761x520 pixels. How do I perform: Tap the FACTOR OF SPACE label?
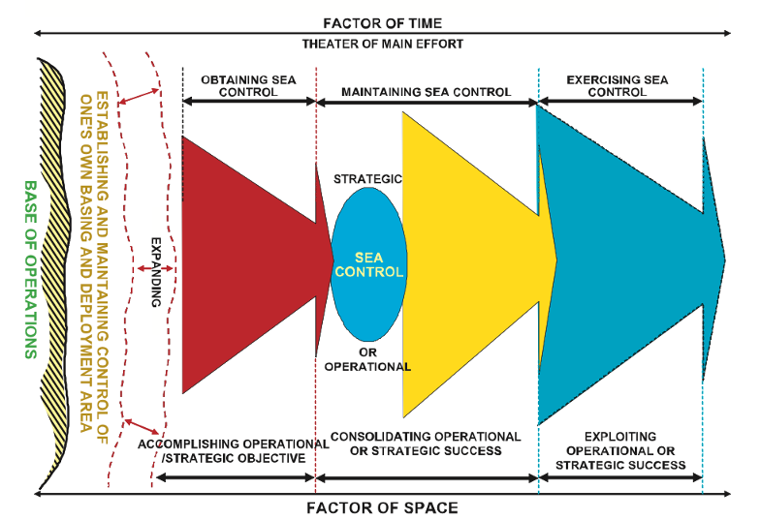[382, 506]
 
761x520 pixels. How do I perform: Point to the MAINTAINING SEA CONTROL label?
[427, 92]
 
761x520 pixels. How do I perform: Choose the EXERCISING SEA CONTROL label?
[618, 85]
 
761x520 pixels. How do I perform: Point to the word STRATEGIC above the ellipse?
[367, 179]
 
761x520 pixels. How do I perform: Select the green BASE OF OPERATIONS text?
[29, 269]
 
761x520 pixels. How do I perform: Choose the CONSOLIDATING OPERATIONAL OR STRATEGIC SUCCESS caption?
[427, 444]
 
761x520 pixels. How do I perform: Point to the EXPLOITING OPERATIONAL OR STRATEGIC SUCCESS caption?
[620, 450]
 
